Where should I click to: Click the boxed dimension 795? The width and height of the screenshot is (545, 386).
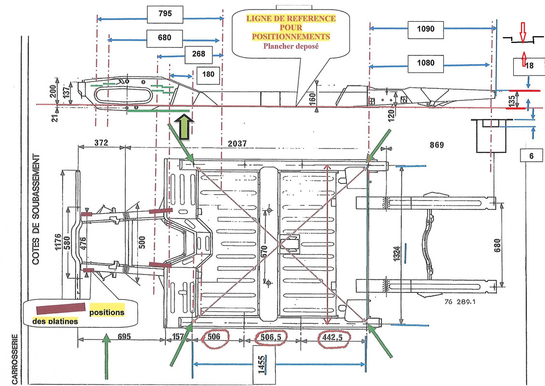(165, 14)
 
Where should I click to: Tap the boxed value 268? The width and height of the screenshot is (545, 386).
(199, 54)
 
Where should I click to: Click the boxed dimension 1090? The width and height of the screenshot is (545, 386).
(426, 29)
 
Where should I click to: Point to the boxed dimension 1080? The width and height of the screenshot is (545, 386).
(426, 63)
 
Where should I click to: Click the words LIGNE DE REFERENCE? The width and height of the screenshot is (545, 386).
(291, 19)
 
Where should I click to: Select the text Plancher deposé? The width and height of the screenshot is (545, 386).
(291, 46)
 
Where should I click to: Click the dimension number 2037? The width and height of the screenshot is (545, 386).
(238, 143)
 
